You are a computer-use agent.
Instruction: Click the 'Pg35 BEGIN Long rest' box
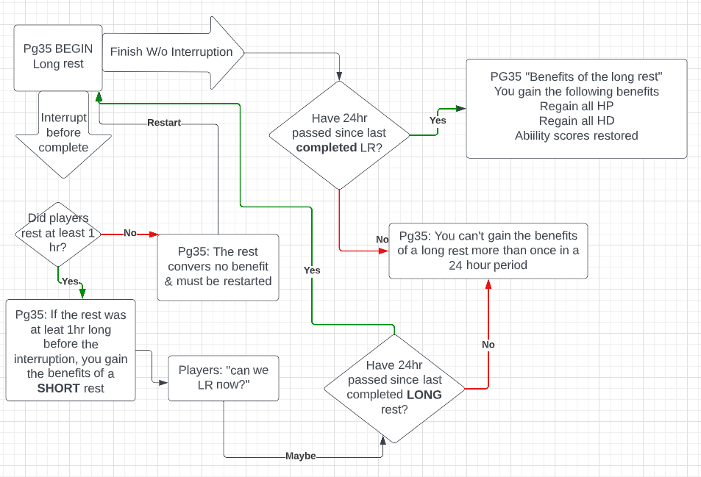58,57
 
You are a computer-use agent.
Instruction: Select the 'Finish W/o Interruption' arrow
171,52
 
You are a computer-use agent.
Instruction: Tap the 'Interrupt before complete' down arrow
64,132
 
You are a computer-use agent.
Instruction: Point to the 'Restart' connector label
163,123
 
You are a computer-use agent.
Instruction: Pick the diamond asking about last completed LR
339,133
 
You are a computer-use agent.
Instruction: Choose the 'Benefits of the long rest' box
576,108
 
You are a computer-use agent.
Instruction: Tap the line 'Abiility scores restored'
576,136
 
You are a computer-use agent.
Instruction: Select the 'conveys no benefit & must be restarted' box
218,267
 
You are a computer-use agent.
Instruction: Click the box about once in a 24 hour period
488,251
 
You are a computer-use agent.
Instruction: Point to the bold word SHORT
59,388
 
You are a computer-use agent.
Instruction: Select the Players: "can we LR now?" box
223,378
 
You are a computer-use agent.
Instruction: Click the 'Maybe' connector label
300,456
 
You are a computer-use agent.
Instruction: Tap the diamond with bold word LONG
394,387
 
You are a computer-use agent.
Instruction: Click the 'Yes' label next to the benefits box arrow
438,121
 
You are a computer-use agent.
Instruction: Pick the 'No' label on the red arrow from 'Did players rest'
129,233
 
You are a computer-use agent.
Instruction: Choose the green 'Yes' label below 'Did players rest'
71,281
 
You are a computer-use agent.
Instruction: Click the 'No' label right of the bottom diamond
488,345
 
